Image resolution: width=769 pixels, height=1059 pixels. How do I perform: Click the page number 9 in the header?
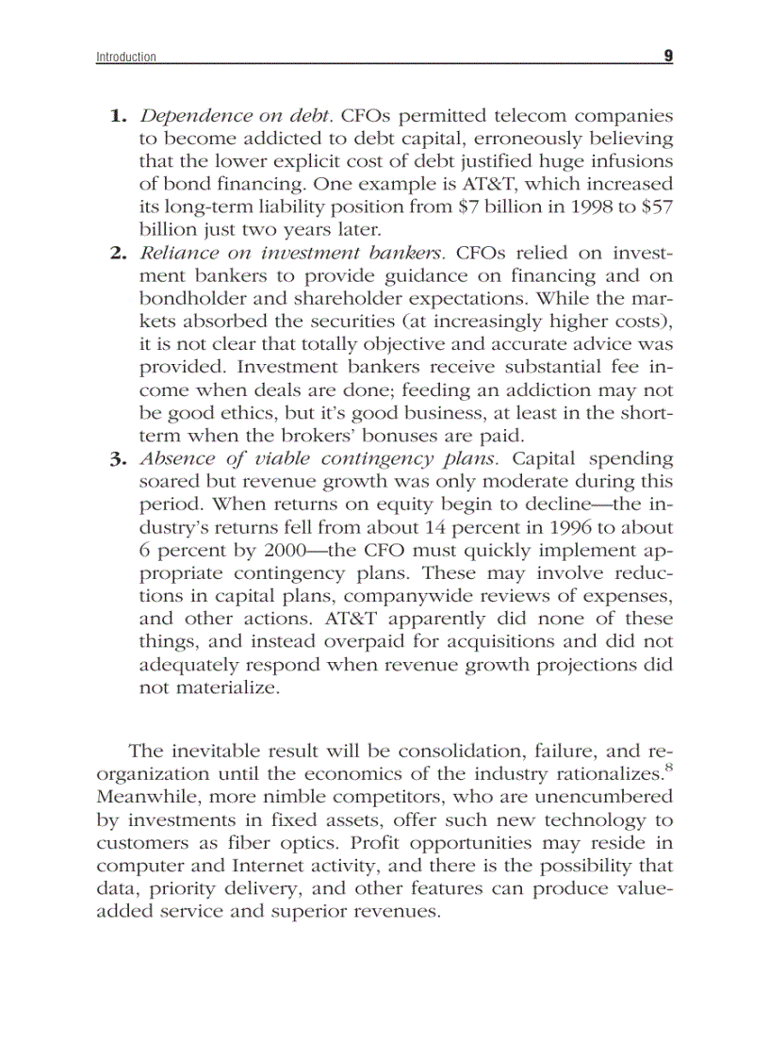pos(667,57)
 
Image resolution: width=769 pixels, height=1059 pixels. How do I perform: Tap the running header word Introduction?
pos(126,58)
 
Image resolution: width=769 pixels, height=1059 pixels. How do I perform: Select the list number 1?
pos(118,117)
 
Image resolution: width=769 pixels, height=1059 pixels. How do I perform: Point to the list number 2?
pos(118,252)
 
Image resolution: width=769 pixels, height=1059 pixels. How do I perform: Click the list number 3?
pos(118,460)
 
